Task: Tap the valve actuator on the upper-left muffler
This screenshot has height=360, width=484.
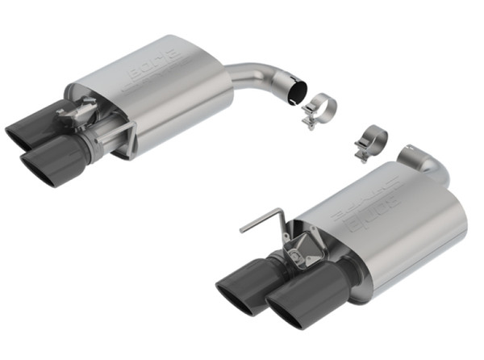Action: pyautogui.click(x=81, y=114)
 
